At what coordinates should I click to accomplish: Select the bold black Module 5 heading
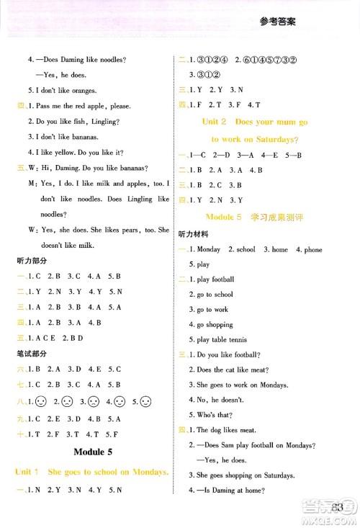94,452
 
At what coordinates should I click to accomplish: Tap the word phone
312,249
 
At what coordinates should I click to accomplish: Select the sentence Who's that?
210,415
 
